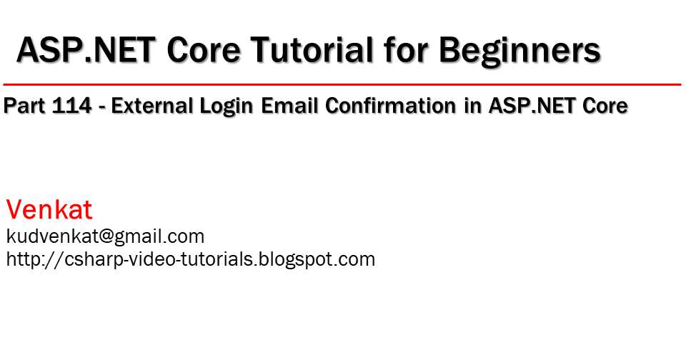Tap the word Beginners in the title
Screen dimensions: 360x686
coord(519,50)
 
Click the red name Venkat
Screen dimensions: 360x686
coord(49,210)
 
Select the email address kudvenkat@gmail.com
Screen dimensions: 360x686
coord(105,236)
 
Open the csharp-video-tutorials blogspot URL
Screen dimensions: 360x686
coord(190,259)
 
